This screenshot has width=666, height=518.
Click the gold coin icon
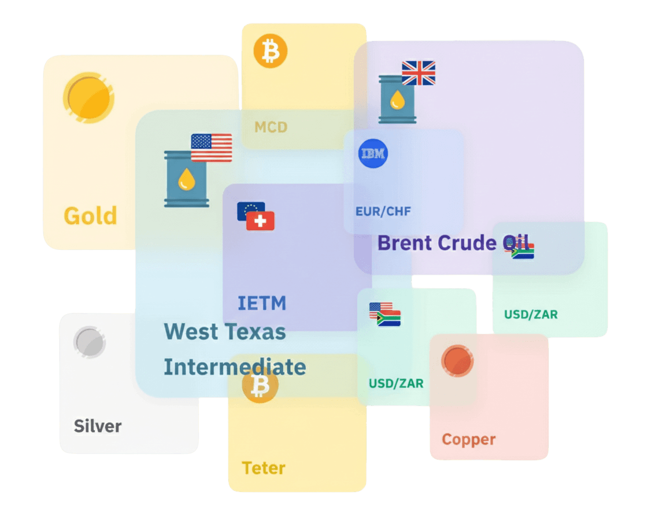88,97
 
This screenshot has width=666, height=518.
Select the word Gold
90,216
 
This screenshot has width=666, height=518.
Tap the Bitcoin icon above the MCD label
270,51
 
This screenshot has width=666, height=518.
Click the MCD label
271,127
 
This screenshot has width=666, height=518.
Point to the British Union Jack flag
419,73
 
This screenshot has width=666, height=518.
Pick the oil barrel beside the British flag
397,99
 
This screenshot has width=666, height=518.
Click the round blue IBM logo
373,153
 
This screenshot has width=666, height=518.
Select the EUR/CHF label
383,212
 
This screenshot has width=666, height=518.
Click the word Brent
405,243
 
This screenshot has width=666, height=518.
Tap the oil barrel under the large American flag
186,179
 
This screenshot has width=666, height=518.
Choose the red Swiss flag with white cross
260,221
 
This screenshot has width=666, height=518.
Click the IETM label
262,303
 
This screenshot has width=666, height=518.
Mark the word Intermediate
235,367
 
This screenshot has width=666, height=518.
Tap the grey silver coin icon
90,342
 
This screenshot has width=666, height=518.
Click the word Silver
98,427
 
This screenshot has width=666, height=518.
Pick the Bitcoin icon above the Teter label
260,386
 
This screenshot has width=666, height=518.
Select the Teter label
264,468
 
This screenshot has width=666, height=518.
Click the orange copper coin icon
457,361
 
